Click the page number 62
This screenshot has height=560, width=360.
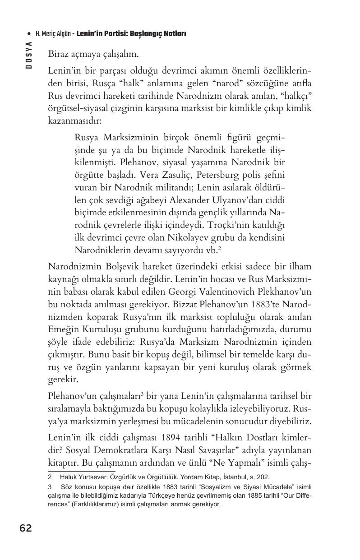(26, 528)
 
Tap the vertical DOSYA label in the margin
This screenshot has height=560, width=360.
(28, 55)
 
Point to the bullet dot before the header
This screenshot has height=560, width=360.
(29, 34)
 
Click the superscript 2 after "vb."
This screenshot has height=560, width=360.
(219, 247)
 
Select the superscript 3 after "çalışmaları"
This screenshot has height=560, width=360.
(142, 395)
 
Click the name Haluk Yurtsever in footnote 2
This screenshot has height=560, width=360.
(81, 477)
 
